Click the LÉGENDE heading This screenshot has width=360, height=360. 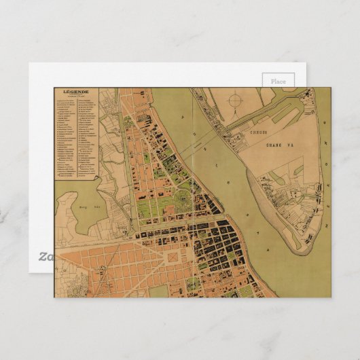(x=76, y=92)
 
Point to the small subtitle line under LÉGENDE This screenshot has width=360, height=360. (x=76, y=97)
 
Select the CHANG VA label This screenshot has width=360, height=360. (x=268, y=143)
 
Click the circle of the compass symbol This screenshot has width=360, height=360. (x=235, y=101)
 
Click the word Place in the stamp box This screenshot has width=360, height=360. (x=278, y=81)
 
